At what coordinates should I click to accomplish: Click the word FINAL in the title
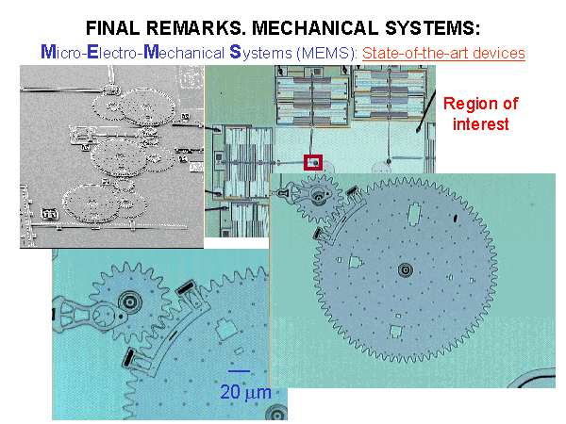[x=112, y=28]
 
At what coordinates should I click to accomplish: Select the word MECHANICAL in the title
[x=315, y=28]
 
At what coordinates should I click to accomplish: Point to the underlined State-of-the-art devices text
[x=443, y=53]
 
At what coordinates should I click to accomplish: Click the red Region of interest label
[x=481, y=114]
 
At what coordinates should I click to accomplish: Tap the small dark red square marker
[x=313, y=162]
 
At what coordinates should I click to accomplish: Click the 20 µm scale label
[x=245, y=392]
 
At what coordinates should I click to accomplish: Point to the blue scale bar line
[x=239, y=370]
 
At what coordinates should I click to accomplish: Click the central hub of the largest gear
[x=406, y=269]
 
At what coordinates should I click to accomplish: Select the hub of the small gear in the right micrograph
[x=319, y=196]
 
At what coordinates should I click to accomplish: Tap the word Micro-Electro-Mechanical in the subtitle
[x=132, y=53]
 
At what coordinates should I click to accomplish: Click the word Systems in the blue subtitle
[x=260, y=53]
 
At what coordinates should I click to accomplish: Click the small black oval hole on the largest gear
[x=456, y=218]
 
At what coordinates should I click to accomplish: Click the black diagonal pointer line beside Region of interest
[x=426, y=111]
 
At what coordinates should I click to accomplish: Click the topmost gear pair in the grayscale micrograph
[x=134, y=106]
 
